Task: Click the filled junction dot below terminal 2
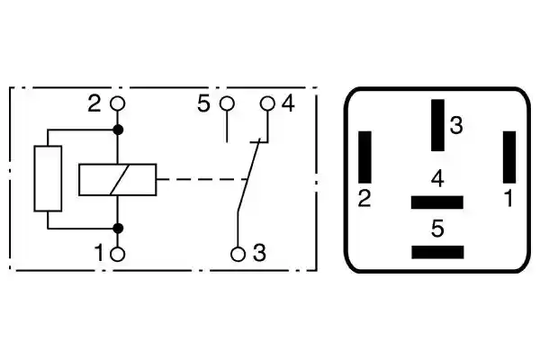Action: (x=118, y=130)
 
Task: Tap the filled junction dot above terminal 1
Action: (x=118, y=228)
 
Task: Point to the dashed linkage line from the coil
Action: (x=202, y=179)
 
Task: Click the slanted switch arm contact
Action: (x=248, y=175)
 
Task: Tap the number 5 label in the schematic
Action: (x=203, y=103)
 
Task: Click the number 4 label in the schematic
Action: (x=288, y=103)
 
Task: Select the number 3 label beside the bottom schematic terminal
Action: (x=259, y=253)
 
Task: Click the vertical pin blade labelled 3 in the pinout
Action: (x=437, y=125)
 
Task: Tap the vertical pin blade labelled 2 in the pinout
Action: (x=365, y=157)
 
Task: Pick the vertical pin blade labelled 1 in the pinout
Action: (x=509, y=157)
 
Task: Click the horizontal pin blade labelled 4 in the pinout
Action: (x=437, y=202)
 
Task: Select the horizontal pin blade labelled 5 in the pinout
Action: (x=437, y=252)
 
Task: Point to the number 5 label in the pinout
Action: (x=437, y=229)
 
